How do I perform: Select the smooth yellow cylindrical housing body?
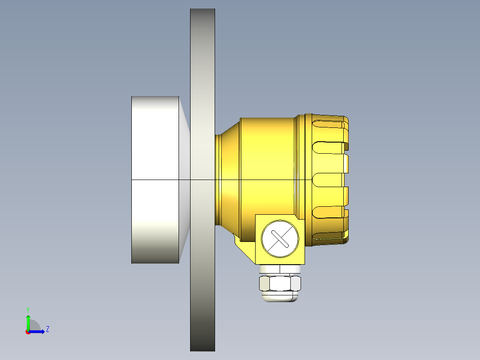pyautogui.click(x=267, y=165)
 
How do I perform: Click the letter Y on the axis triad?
pyautogui.click(x=28, y=309)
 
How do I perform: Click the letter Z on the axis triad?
pyautogui.click(x=47, y=329)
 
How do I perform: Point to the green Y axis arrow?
pyautogui.click(x=28, y=321)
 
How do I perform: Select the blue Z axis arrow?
pyautogui.click(x=38, y=331)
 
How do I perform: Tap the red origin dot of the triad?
pyautogui.click(x=28, y=332)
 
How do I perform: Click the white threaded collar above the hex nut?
pyautogui.click(x=280, y=269)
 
